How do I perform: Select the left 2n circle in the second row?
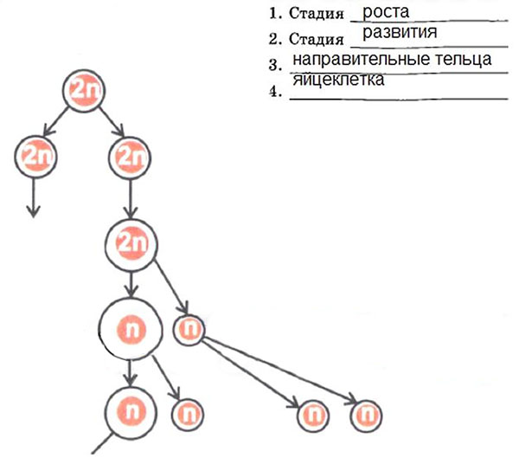tap(34, 156)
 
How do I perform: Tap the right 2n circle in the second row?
tap(129, 156)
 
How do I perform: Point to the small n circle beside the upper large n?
tap(189, 328)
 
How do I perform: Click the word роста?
tap(386, 12)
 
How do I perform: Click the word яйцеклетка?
tap(339, 79)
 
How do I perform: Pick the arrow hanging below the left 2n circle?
tap(34, 197)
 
